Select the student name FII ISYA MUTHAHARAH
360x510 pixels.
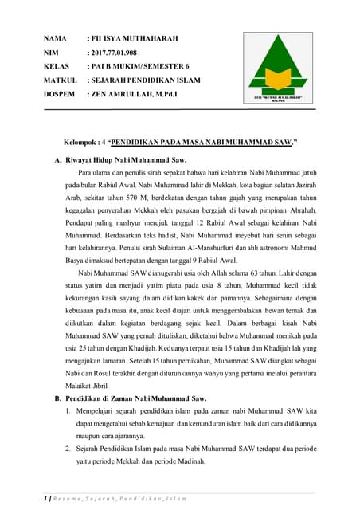click(x=135, y=38)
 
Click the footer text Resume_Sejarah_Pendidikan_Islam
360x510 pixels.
click(x=119, y=498)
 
